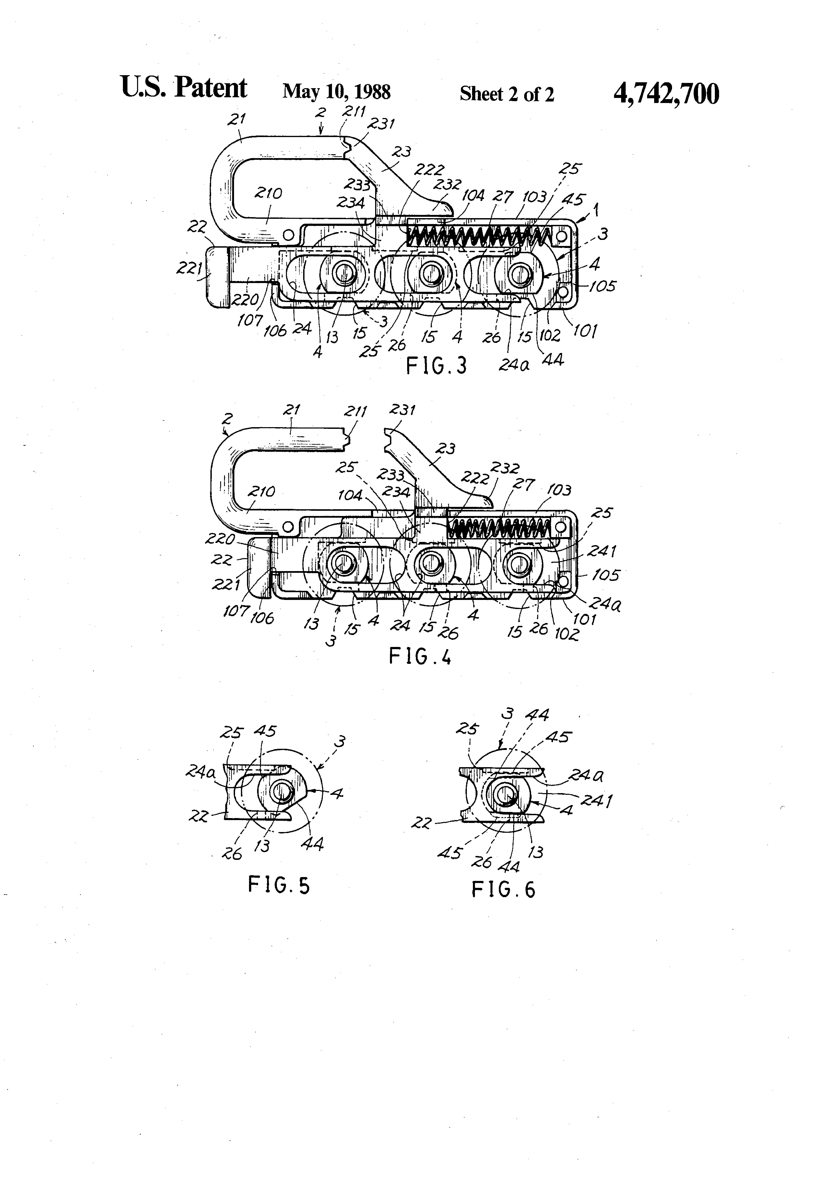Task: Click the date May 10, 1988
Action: point(336,92)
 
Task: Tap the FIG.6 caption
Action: point(503,890)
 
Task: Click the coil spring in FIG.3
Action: point(479,236)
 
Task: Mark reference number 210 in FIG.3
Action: point(268,194)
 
